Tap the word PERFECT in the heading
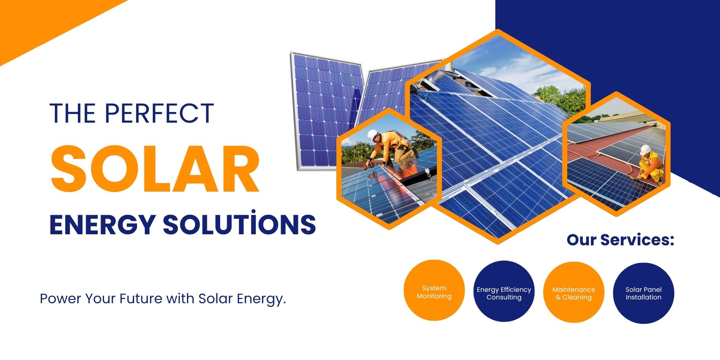pos(159,113)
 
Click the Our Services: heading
pos(620,240)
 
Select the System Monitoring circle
pos(434,291)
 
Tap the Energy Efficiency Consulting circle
pos(504,291)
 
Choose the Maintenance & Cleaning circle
pos(573,292)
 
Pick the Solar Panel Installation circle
pos(643,293)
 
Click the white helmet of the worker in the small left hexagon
pos(372,135)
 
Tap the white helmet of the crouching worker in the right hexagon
pos(645,149)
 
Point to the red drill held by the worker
pos(368,165)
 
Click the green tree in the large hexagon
pos(560,99)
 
